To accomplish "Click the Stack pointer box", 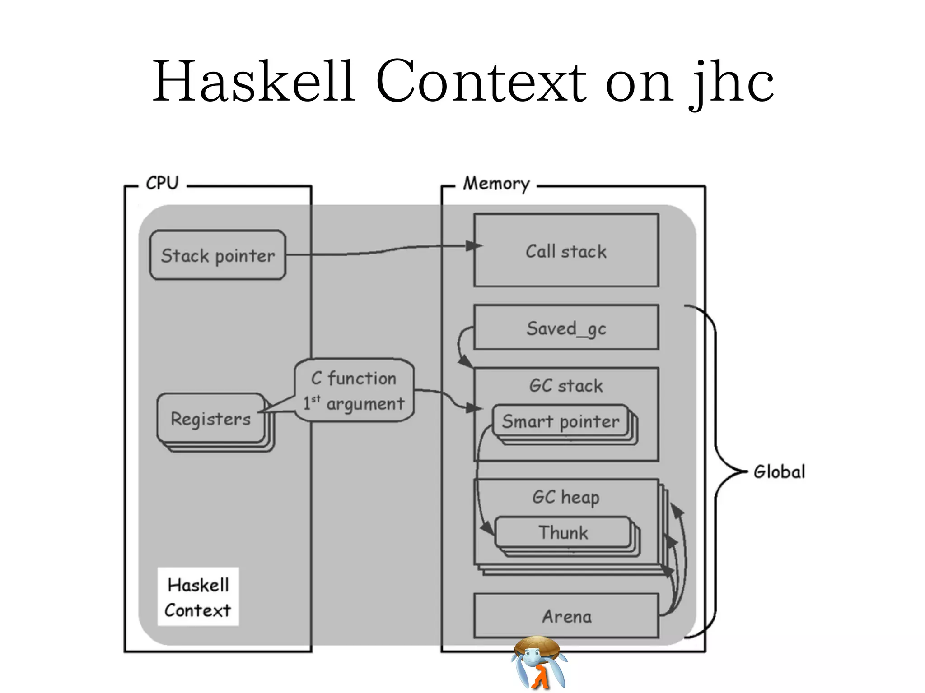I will click(218, 255).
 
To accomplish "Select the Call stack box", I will click(566, 251).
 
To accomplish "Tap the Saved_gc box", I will click(566, 328).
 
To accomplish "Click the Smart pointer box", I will click(561, 421).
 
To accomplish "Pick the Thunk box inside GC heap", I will click(563, 532).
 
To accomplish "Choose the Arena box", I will click(566, 616).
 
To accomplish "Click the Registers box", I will click(210, 419).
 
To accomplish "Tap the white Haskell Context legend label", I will click(198, 597).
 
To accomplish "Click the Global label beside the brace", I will click(779, 472).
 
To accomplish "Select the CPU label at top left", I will click(162, 183).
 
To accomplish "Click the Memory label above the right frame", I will click(496, 184).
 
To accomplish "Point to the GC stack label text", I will click(566, 386).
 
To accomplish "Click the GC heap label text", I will click(566, 497).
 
